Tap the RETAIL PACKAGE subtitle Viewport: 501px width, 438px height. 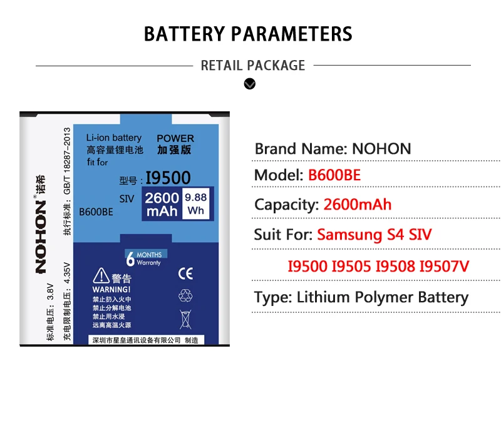(x=253, y=65)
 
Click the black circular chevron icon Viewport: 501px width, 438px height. (x=250, y=83)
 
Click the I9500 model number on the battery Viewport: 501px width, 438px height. (x=168, y=178)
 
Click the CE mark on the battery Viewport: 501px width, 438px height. (x=186, y=273)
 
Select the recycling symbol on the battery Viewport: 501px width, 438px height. (x=186, y=295)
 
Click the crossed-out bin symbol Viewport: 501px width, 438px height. (x=185, y=318)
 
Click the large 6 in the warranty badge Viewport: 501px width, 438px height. (x=130, y=259)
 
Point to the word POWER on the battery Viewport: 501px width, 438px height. (x=175, y=138)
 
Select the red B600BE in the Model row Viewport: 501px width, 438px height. (x=334, y=176)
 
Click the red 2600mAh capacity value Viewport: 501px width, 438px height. (x=358, y=205)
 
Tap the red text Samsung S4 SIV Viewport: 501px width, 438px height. (x=374, y=235)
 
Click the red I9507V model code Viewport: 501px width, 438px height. (x=444, y=267)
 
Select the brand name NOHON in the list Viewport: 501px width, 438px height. (x=381, y=149)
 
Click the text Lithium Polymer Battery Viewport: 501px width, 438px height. (x=383, y=297)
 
